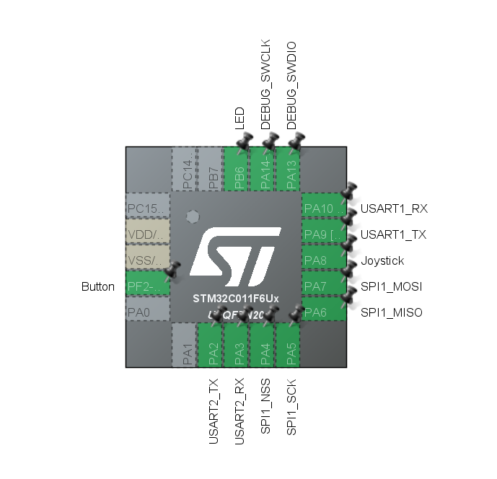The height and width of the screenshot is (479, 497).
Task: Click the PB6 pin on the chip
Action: pyautogui.click(x=236, y=170)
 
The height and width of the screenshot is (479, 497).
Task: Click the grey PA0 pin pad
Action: pyautogui.click(x=148, y=312)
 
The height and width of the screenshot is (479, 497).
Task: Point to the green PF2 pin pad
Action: pyautogui.click(x=148, y=286)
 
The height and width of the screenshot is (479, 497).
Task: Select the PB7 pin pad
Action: pyautogui.click(x=210, y=170)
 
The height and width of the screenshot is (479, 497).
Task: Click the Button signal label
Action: pyautogui.click(x=98, y=286)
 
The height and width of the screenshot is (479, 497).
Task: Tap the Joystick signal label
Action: pyautogui.click(x=382, y=260)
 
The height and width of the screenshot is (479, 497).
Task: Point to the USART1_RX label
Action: pyautogui.click(x=394, y=208)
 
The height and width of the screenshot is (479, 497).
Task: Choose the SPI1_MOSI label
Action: pyautogui.click(x=391, y=286)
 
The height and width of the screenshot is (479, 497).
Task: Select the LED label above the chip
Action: pyautogui.click(x=240, y=119)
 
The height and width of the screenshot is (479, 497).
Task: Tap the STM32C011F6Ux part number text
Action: pyautogui.click(x=236, y=298)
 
